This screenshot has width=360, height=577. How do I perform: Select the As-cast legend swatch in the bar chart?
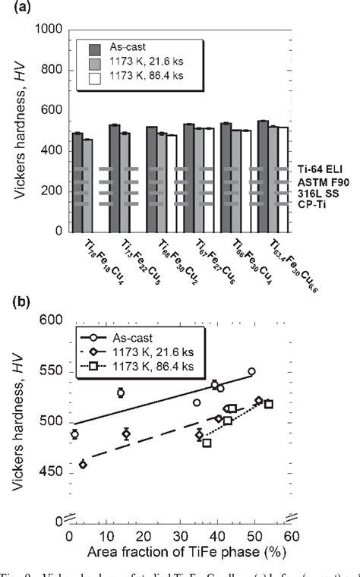[89, 45]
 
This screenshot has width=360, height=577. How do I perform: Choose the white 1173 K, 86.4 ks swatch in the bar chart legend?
[89, 74]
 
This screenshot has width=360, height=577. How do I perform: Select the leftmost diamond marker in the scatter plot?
[83, 464]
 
